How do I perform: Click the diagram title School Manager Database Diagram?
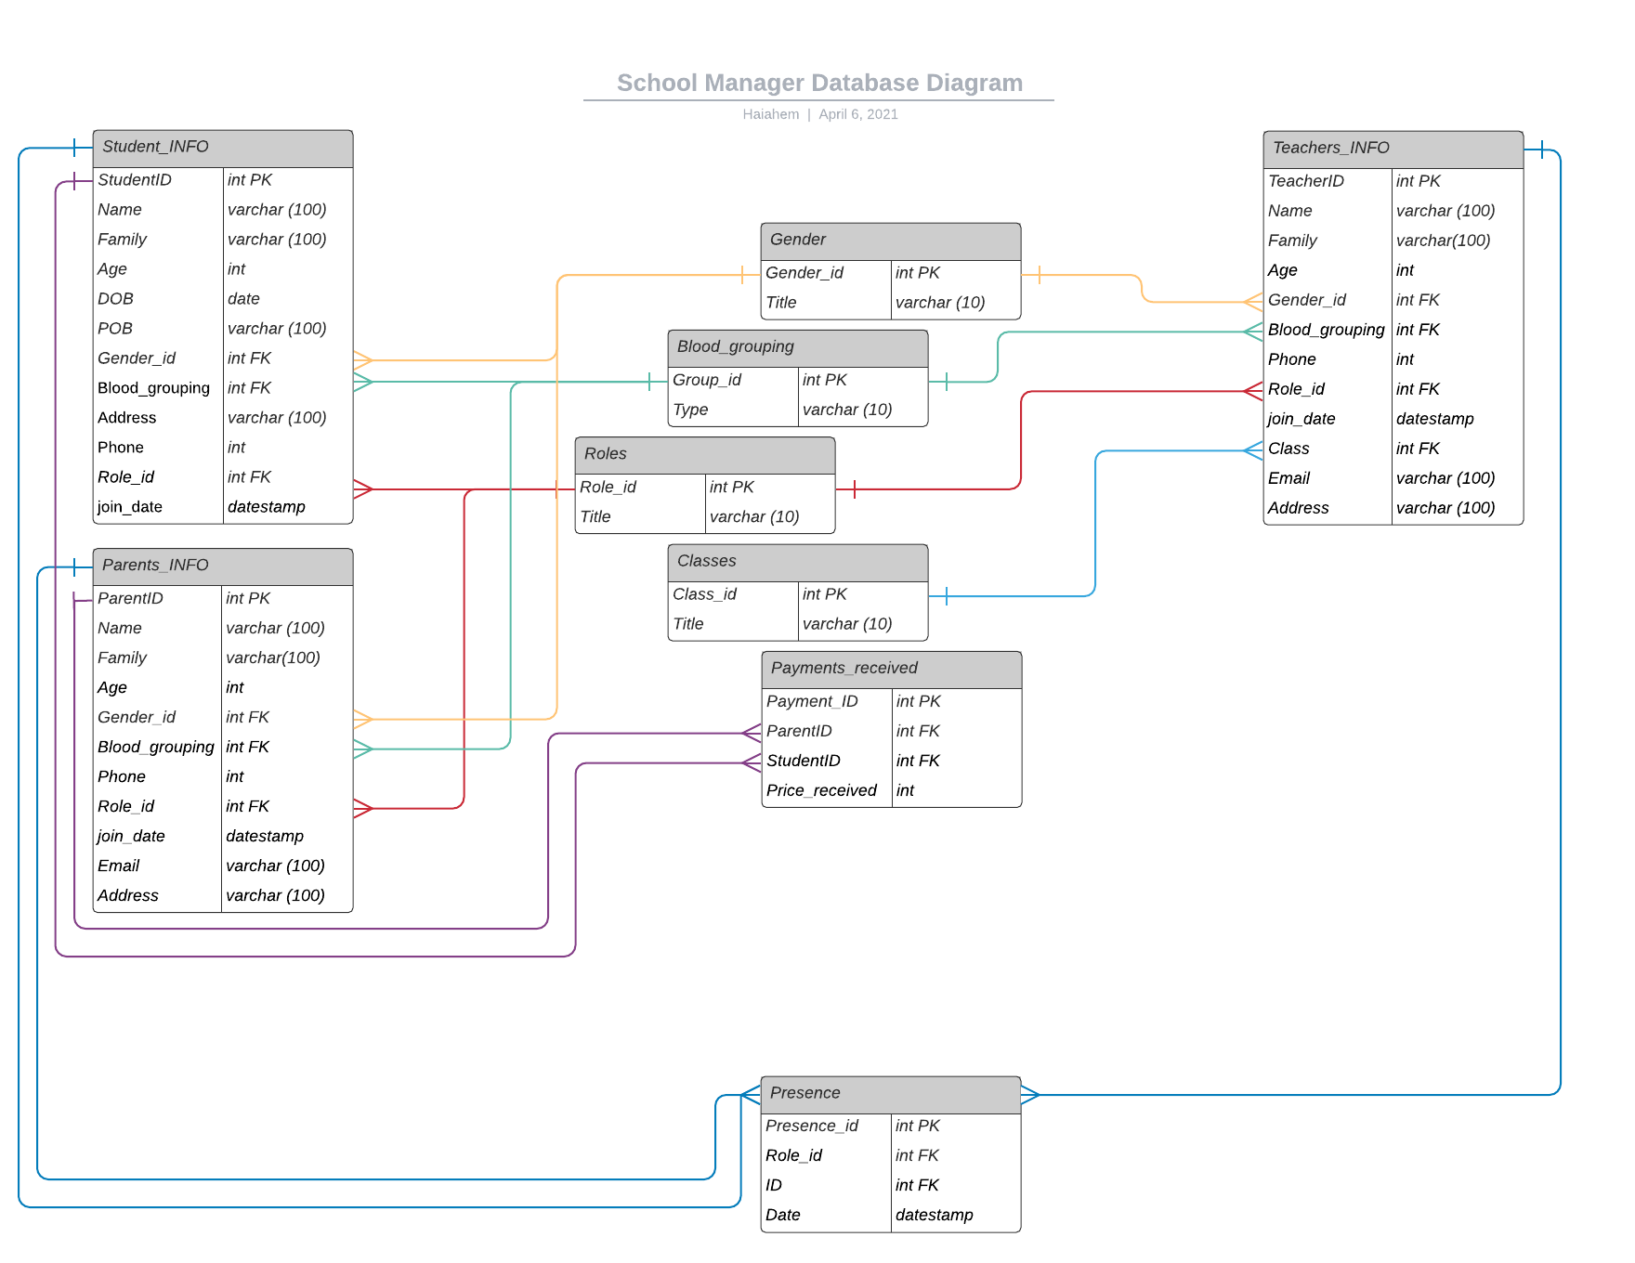coord(819,84)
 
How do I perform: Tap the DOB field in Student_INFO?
coord(116,299)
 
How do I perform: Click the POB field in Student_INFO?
coord(115,329)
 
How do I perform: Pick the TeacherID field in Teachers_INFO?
coord(1306,181)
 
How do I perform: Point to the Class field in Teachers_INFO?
coord(1288,449)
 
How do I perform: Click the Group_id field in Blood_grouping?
coord(707,380)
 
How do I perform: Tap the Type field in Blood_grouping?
coord(690,410)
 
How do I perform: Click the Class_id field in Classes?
coord(704,594)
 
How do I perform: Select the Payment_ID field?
coord(812,702)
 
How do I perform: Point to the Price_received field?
coord(821,791)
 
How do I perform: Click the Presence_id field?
coord(812,1126)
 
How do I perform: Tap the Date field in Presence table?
coord(783,1215)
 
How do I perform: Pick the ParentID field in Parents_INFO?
coord(130,599)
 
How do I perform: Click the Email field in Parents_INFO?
coord(119,866)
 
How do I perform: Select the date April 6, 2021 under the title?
coord(858,114)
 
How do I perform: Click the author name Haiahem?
coord(770,114)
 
